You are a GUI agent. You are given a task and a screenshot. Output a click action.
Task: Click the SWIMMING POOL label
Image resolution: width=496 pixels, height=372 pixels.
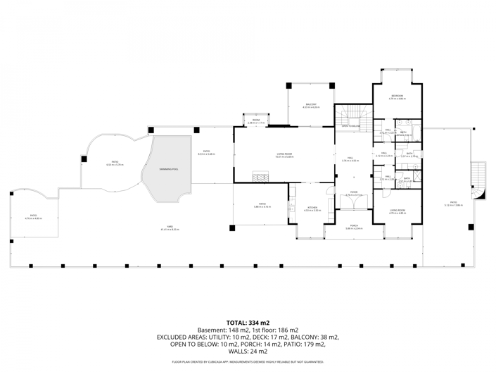[x=168, y=168]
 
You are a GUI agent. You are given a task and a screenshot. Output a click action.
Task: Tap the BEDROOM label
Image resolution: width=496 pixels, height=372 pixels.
[x=397, y=95]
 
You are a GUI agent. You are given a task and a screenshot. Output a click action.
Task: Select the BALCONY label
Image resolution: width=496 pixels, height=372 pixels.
[x=310, y=104]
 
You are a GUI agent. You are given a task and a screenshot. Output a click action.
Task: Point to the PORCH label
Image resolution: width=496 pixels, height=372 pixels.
[x=354, y=225]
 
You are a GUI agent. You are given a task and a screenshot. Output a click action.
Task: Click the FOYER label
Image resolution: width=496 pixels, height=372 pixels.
[x=354, y=192]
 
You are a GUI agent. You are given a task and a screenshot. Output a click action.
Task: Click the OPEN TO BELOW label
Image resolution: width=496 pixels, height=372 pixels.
[x=351, y=126]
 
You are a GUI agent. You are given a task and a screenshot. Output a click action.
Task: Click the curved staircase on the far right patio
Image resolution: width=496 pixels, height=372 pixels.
[x=478, y=180]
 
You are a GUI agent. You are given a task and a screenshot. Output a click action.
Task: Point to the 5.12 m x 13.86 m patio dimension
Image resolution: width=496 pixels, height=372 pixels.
[x=453, y=206]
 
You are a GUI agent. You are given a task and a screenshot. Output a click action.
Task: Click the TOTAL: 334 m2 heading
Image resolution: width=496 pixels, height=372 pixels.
[x=248, y=322]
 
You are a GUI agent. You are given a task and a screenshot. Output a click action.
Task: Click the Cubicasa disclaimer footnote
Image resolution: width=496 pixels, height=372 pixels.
[x=248, y=362]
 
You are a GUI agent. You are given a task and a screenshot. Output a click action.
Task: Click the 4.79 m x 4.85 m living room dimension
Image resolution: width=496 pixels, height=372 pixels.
[x=397, y=213]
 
